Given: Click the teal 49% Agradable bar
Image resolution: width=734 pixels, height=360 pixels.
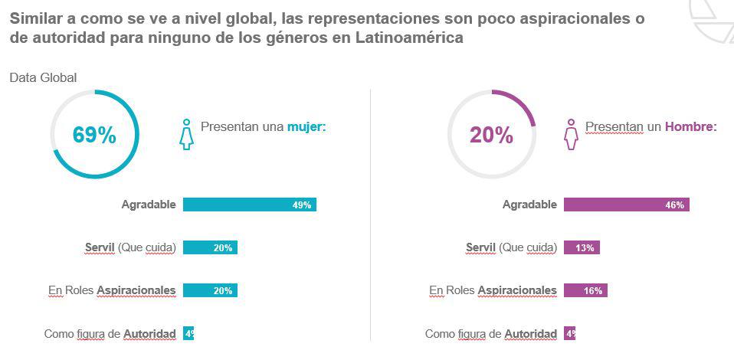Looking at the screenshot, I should click(249, 205).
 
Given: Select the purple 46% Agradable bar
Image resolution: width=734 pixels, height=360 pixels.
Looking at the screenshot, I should click(626, 205).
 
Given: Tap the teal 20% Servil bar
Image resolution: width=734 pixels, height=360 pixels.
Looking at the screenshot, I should click(210, 247).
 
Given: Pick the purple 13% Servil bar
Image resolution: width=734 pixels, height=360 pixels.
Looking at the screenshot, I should click(582, 247).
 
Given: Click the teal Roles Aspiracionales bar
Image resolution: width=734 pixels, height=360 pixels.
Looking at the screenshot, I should click(210, 290).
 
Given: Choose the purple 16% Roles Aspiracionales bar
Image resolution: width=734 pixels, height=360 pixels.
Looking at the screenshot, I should click(585, 290).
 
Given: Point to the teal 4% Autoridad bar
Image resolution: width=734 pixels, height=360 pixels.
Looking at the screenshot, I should click(188, 333).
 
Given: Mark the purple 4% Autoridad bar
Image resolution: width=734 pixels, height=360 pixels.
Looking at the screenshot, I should click(569, 333).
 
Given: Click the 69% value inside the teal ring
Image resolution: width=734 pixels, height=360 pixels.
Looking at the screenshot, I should click(94, 136).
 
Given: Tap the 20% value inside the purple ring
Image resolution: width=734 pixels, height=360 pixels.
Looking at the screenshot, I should click(491, 136).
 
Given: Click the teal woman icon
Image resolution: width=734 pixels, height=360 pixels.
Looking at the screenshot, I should click(186, 134).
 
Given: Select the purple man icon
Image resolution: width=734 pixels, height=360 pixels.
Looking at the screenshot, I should click(570, 134).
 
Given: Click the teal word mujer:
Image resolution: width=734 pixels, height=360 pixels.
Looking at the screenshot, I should click(306, 126).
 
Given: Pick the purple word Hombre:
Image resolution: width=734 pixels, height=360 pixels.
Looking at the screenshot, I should click(690, 126).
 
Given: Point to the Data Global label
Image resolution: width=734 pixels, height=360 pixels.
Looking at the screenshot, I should click(43, 77).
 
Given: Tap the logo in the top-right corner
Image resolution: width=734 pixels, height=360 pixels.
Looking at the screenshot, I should click(713, 19).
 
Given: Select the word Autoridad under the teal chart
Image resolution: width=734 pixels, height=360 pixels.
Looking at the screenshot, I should click(149, 334).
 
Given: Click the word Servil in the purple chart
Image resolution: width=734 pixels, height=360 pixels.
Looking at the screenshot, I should click(480, 247).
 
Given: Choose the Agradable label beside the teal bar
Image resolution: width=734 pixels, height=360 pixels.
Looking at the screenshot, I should click(149, 205).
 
